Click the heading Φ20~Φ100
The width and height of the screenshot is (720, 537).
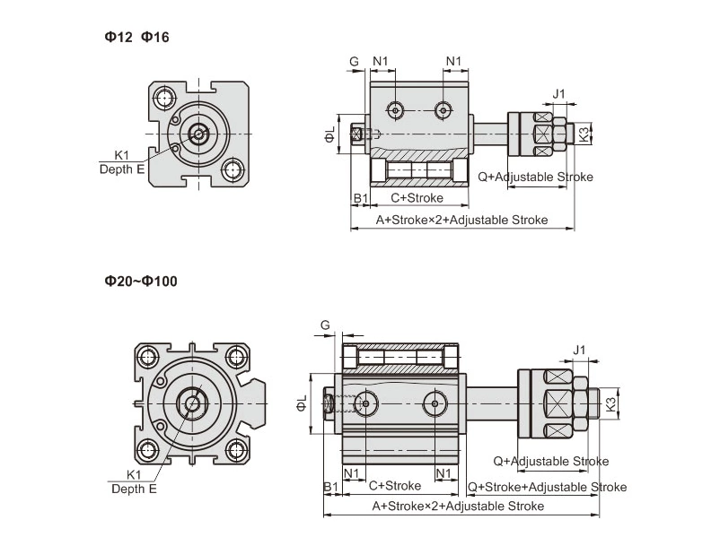141,281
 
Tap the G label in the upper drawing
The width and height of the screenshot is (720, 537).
355,61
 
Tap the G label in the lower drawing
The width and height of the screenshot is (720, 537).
325,324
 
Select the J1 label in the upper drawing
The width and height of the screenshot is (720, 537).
558,93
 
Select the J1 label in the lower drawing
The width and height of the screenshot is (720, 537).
579,349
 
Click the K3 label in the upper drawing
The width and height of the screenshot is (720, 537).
584,134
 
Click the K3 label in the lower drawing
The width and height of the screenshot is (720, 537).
610,404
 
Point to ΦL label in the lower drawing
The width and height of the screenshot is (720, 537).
303,404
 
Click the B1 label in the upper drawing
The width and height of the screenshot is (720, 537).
359,197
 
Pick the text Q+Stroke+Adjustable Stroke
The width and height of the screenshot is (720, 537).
547,487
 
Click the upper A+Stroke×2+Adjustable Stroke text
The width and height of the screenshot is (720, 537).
461,220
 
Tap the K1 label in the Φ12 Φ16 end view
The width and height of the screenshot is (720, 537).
122,154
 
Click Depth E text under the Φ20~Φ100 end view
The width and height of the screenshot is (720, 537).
134,489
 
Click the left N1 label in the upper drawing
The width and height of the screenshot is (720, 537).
381,61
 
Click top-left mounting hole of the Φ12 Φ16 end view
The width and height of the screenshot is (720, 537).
164,98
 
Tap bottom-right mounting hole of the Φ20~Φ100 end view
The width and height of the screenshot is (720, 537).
236,449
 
